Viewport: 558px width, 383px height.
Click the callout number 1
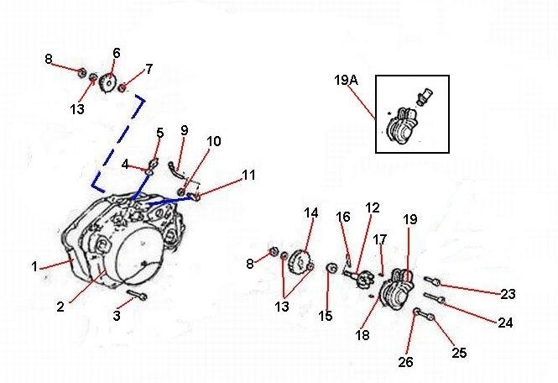[x=35, y=267]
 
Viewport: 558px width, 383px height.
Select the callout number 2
[x=60, y=307]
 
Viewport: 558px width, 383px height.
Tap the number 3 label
[x=117, y=316]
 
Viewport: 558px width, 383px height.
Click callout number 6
[x=116, y=53]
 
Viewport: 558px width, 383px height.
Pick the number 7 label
[x=149, y=69]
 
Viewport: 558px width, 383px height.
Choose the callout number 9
[x=185, y=130]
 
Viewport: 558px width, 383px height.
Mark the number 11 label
[x=248, y=176]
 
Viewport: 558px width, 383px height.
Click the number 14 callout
[x=311, y=213]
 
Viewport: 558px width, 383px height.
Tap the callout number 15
[x=326, y=316]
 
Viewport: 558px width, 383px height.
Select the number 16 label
[x=342, y=218]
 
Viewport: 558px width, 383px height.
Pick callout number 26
[x=406, y=363]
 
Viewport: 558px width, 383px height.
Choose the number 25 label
[x=459, y=353]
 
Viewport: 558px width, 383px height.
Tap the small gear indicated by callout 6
[x=107, y=84]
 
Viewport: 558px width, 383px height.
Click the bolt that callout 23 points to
[x=433, y=281]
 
